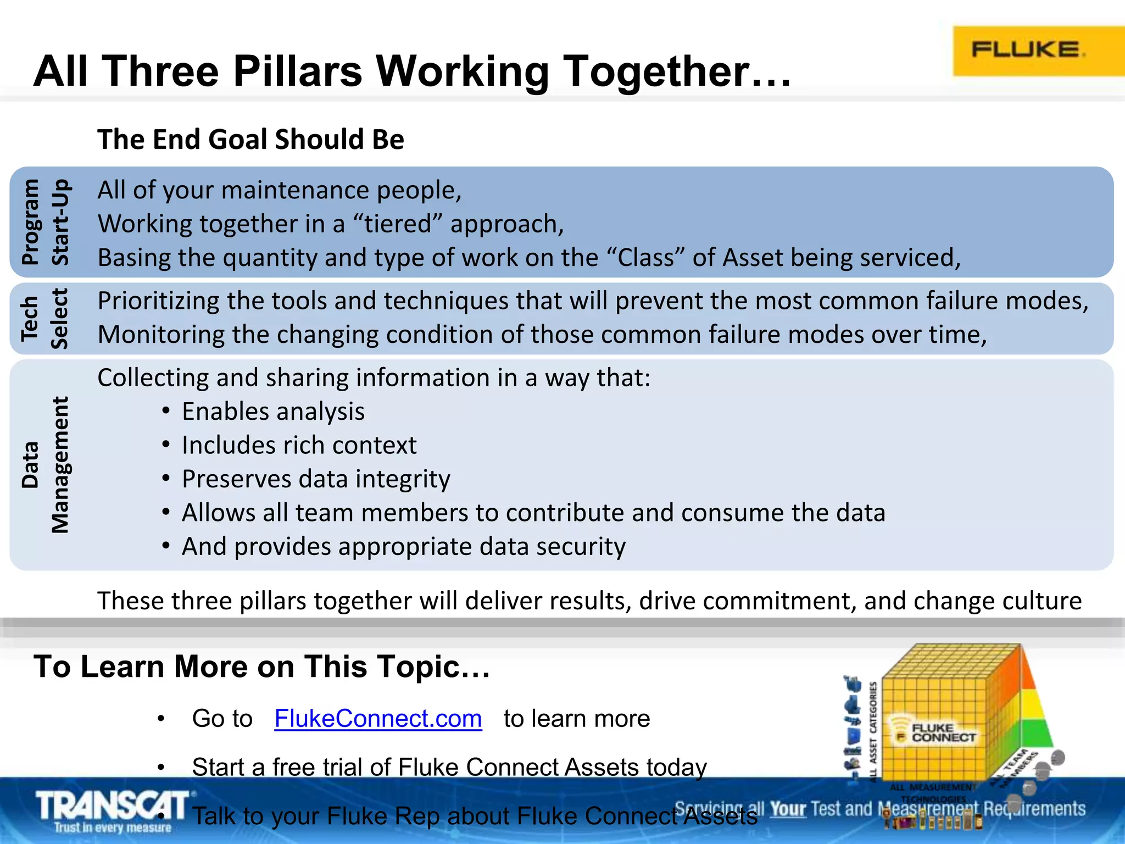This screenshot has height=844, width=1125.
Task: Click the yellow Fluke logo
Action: click(x=1033, y=51)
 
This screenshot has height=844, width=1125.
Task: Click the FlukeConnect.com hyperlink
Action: click(x=378, y=719)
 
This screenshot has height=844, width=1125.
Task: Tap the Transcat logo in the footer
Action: click(x=113, y=810)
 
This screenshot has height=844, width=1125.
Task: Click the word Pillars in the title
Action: click(x=297, y=71)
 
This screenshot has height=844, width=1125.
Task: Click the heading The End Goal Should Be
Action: click(x=250, y=140)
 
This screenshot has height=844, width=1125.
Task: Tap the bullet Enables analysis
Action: click(x=273, y=412)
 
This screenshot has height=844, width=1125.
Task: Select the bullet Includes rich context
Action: click(x=299, y=445)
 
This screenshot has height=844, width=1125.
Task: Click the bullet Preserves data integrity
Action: click(x=316, y=479)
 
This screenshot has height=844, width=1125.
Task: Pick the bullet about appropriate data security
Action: click(x=403, y=547)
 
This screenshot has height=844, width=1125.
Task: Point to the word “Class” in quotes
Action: click(x=645, y=258)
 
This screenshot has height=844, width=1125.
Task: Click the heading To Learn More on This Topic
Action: click(x=261, y=667)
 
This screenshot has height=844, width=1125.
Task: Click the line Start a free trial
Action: click(x=449, y=767)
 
